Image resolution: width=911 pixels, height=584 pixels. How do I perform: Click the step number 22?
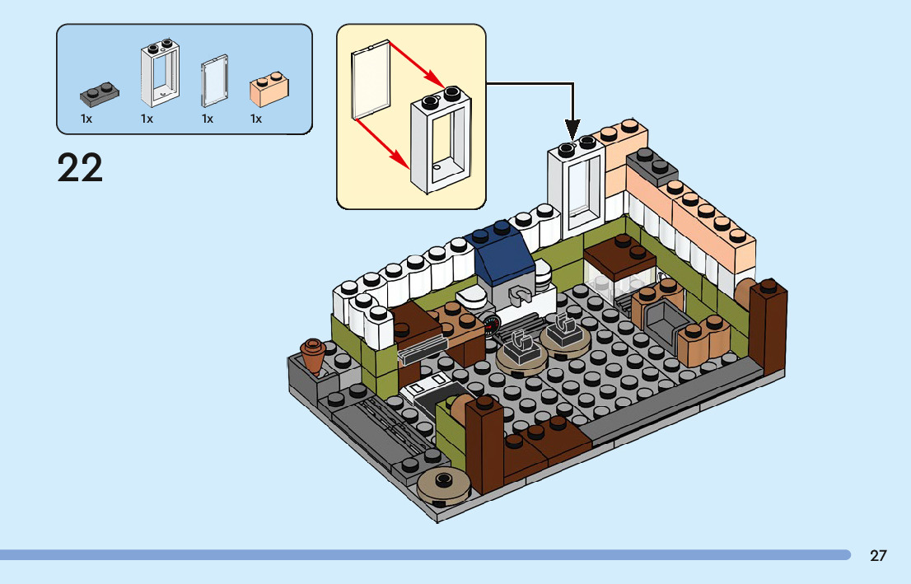[x=80, y=168]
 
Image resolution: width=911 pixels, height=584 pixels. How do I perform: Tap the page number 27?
[x=878, y=555]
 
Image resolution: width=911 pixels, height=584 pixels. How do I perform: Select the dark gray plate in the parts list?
[x=97, y=94]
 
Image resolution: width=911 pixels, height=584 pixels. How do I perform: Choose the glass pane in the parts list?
[x=213, y=81]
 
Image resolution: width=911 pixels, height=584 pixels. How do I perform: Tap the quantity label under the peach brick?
[x=256, y=119]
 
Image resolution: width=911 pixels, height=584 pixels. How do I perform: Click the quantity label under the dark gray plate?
[x=86, y=119]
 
